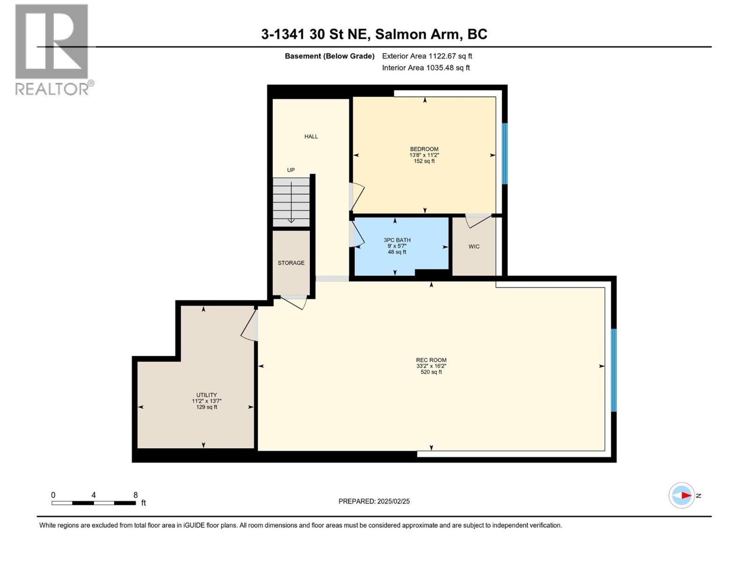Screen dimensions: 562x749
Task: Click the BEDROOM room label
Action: tap(424, 149)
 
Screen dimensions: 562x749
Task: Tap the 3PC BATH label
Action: tap(397, 240)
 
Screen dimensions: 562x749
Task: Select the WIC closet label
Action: tap(474, 246)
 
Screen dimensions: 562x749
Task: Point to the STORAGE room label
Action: tap(291, 263)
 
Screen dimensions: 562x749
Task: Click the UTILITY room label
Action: tap(206, 395)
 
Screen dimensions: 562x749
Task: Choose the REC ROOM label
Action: tap(431, 360)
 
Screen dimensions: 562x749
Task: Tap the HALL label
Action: tap(311, 136)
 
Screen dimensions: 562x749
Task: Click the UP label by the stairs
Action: tap(291, 170)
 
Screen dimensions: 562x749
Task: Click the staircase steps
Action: tap(291, 202)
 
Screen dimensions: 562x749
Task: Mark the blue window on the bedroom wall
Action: tap(505, 153)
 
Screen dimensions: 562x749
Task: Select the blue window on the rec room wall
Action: tap(614, 370)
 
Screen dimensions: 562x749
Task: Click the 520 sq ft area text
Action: tap(431, 372)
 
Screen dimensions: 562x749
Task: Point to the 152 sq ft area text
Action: tap(424, 161)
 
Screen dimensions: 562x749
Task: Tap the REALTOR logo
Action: tap(52, 49)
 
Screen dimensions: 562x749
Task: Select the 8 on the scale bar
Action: tap(135, 495)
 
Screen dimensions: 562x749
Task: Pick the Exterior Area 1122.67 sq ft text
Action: tap(427, 56)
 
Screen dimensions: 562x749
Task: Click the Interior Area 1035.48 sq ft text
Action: tap(426, 67)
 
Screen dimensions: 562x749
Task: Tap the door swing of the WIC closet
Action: tap(477, 220)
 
